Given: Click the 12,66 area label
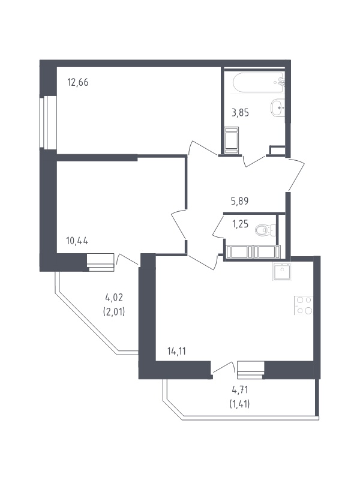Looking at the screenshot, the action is point(78,82).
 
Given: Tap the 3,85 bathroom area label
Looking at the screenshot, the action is point(241,113).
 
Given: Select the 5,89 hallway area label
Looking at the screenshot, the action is point(239,201).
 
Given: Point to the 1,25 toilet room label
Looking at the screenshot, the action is point(241,224).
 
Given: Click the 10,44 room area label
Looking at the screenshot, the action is point(77,241).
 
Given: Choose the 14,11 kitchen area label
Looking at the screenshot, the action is point(176,352).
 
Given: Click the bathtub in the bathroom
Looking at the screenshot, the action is point(259,83).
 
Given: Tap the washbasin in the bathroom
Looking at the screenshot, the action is point(278,108).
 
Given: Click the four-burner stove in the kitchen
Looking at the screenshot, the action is point(304,305).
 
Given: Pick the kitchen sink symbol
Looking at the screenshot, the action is point(281,272).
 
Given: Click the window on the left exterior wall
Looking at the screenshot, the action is point(48,123).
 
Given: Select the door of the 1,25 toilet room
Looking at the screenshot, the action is point(218,226).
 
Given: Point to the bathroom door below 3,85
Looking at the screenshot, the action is point(254,161).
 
